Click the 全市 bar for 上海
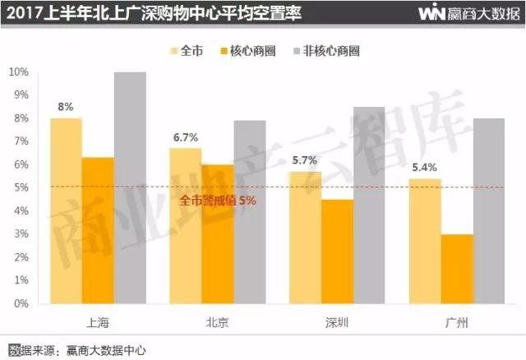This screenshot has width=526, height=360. tap(66, 210)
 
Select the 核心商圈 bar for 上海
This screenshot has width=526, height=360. tap(98, 230)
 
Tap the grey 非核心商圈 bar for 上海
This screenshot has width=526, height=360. tap(130, 187)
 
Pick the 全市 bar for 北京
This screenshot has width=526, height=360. tap(186, 225)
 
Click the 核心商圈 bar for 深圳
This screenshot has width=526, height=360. tap(338, 251)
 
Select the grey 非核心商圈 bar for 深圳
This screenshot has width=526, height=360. tap(370, 205)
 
